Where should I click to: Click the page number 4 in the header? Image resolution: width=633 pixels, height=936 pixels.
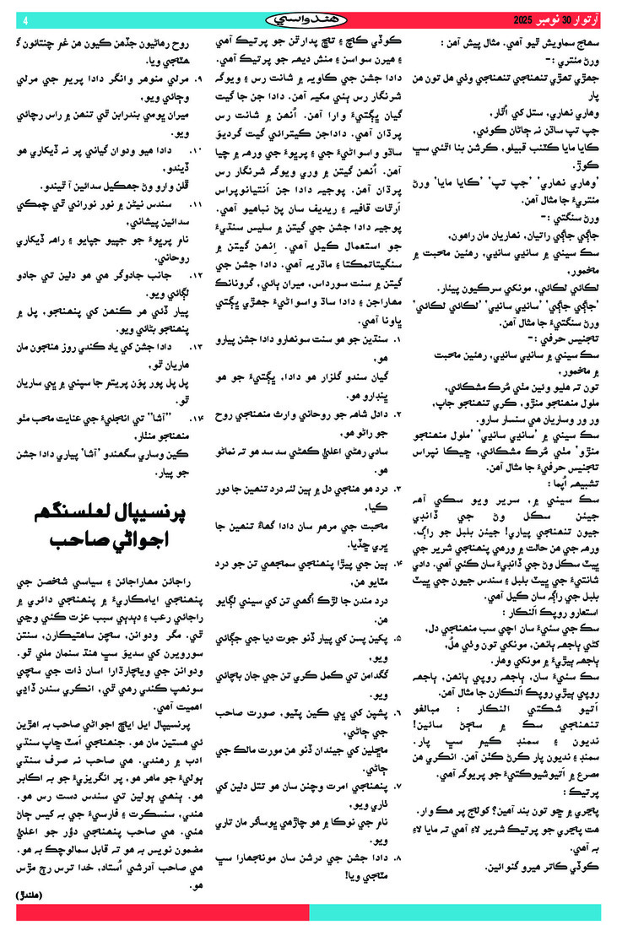coord(25,19)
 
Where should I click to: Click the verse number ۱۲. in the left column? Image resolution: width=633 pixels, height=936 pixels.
coord(200,274)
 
